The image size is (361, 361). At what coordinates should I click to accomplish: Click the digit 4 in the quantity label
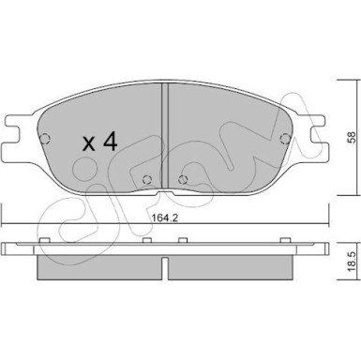click(109, 143)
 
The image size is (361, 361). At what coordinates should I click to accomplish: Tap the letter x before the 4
click(89, 144)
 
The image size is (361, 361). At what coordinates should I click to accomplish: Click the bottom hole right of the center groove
click(182, 181)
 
